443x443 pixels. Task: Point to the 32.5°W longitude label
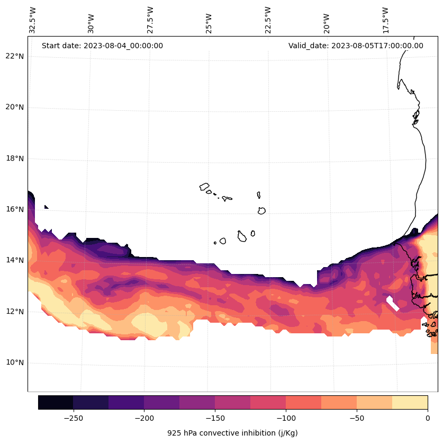[x=33, y=20]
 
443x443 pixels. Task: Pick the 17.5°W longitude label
[x=385, y=20]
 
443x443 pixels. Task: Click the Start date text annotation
[x=102, y=46]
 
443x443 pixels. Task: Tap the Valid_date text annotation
[x=356, y=46]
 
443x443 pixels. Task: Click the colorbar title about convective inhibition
[x=232, y=433]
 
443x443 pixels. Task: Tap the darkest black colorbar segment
[x=56, y=402]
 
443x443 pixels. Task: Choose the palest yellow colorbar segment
[x=410, y=402]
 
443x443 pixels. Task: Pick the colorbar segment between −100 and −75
[x=303, y=402]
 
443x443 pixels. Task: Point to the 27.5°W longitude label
[x=150, y=20]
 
